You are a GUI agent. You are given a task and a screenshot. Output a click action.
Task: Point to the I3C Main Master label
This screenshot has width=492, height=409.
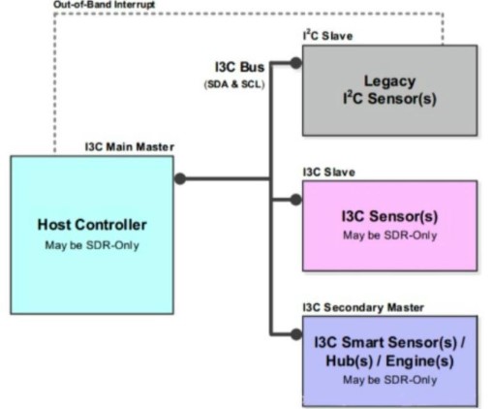pyautogui.click(x=131, y=148)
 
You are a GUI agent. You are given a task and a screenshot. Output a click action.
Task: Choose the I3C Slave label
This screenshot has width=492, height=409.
pyautogui.click(x=326, y=172)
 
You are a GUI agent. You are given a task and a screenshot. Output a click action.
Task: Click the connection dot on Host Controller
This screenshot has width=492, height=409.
pyautogui.click(x=179, y=178)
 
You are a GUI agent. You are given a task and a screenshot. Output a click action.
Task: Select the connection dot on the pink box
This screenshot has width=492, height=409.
pyautogui.click(x=296, y=200)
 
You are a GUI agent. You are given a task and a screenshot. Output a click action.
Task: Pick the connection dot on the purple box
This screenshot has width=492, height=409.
pyautogui.click(x=296, y=335)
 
